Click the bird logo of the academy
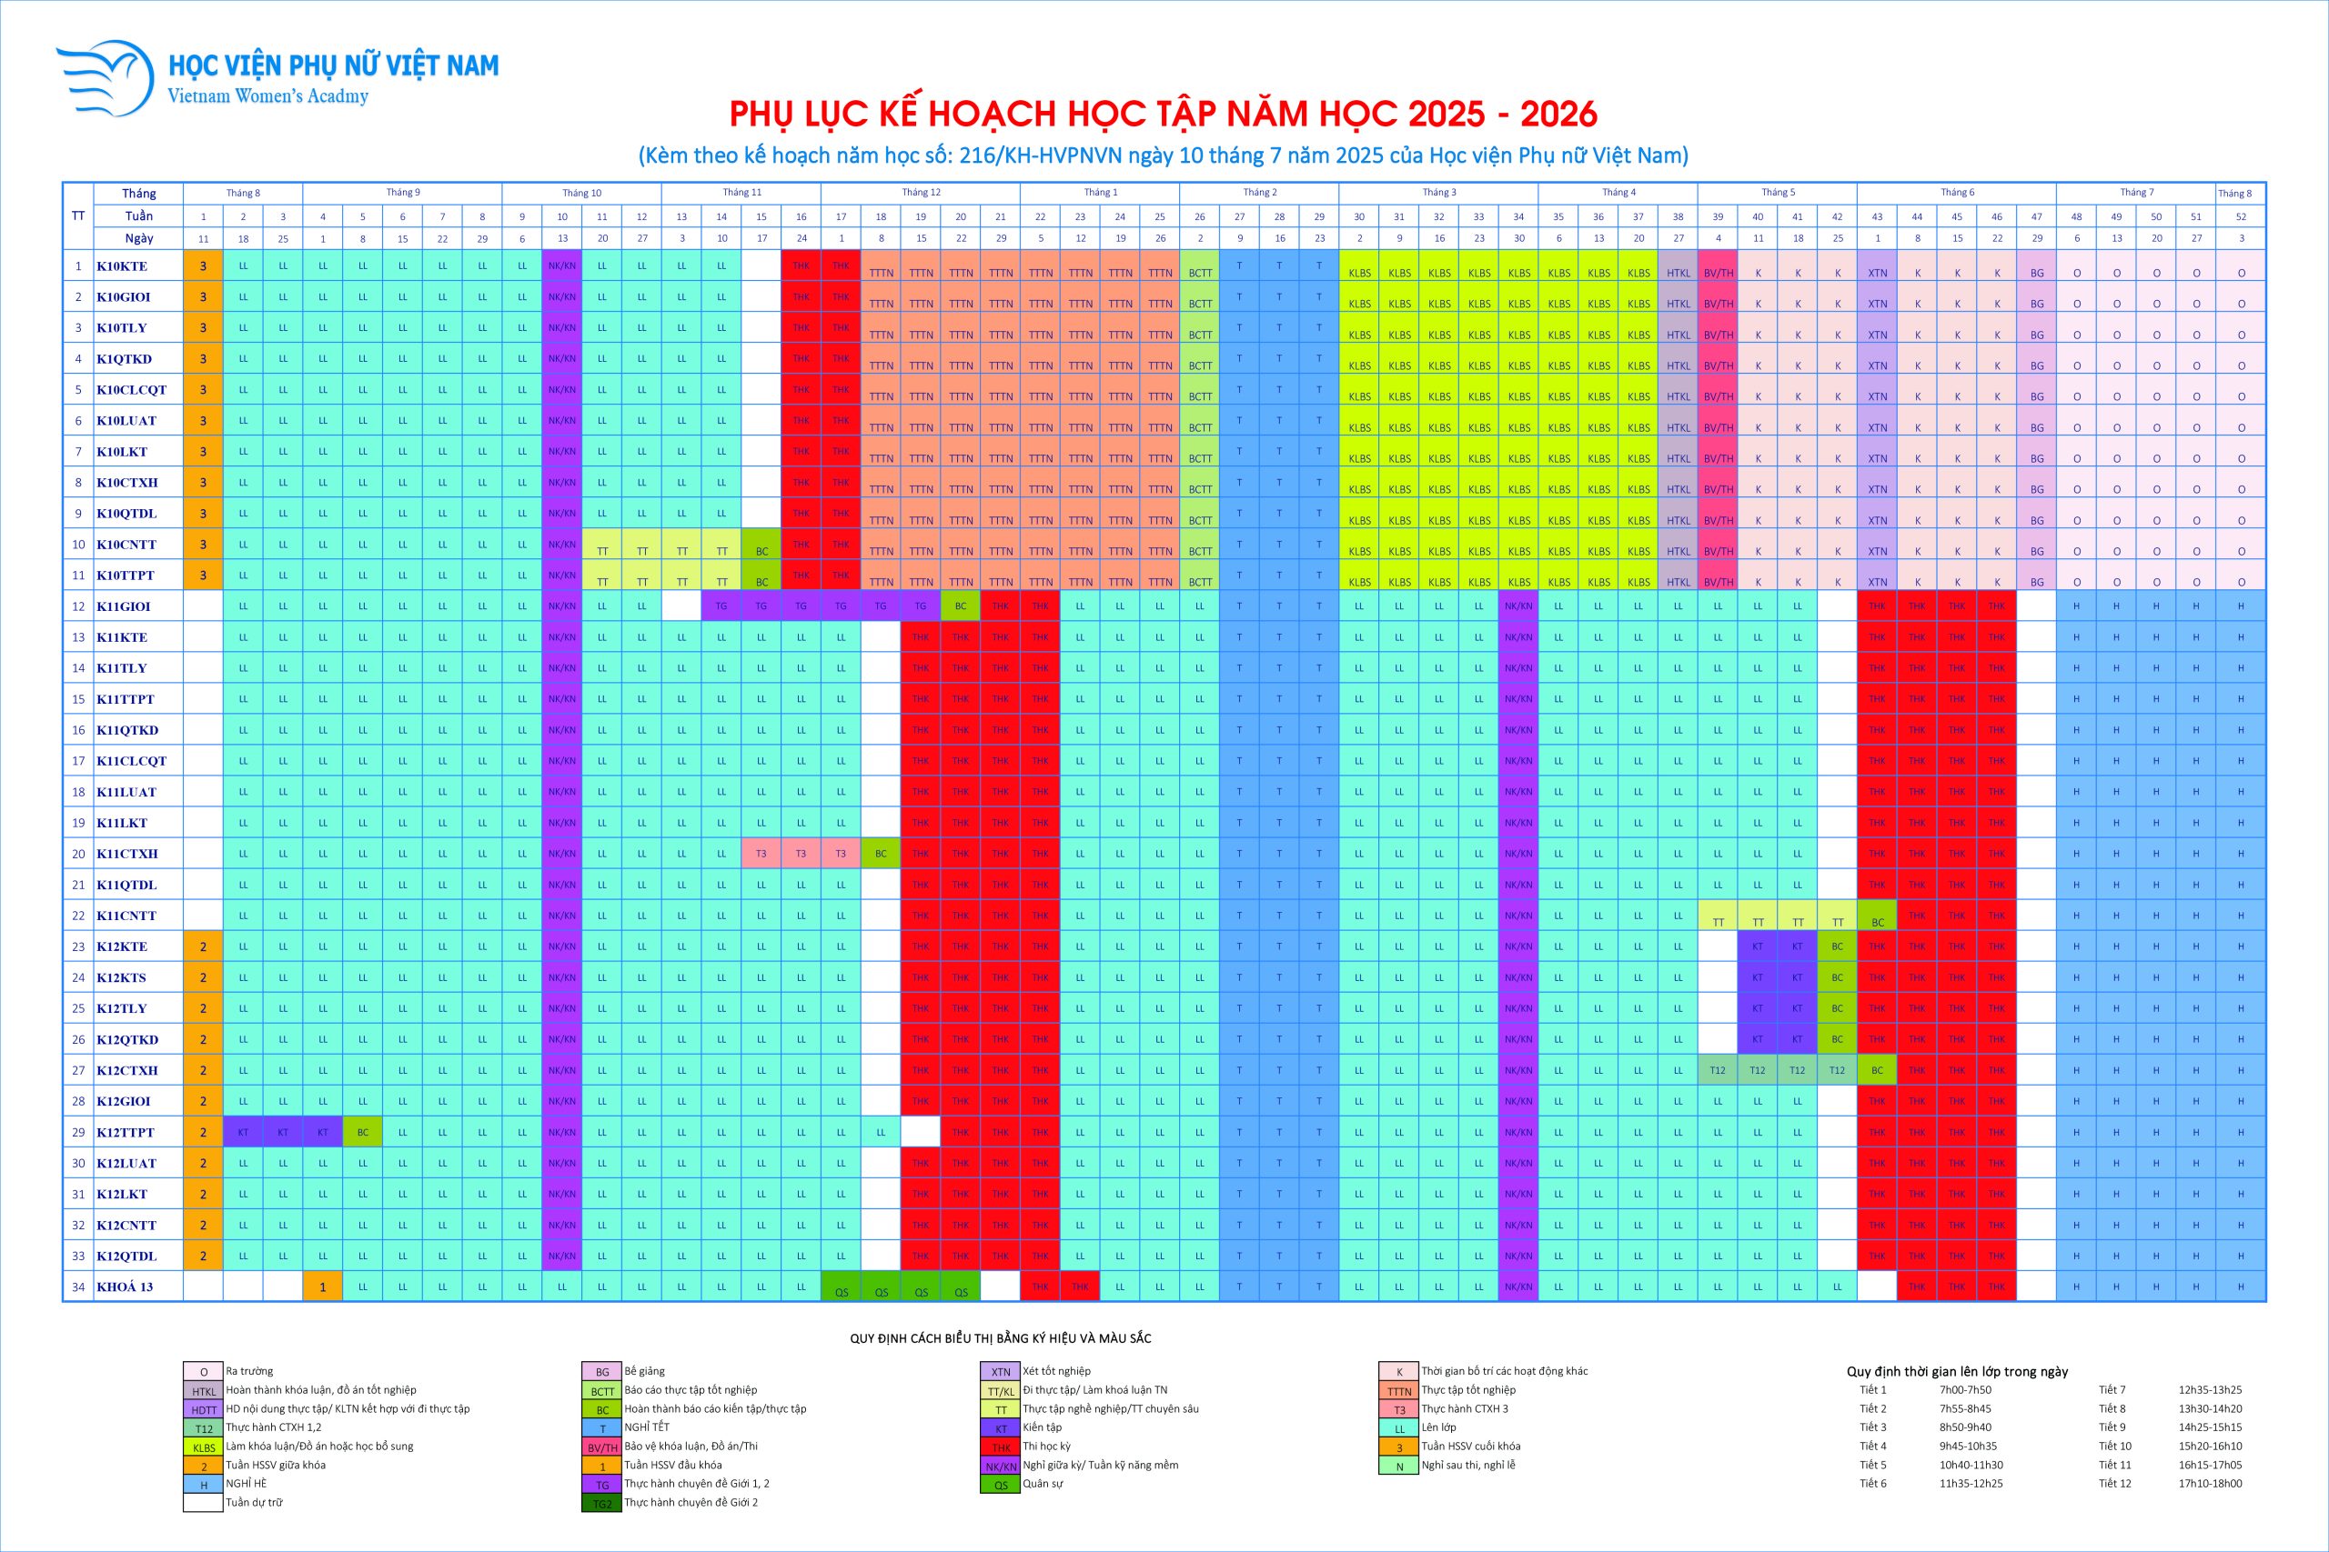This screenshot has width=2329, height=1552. click(105, 77)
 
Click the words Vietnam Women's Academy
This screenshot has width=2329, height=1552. click(267, 97)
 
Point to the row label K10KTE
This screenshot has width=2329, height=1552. click(122, 266)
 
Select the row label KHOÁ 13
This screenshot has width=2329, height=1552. click(125, 1287)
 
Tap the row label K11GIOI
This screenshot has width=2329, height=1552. click(124, 606)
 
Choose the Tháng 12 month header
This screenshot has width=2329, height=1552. click(921, 192)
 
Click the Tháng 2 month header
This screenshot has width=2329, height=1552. click(1259, 192)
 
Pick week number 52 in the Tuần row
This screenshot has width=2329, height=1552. click(2241, 215)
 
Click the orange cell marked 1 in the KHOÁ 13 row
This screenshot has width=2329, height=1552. click(323, 1287)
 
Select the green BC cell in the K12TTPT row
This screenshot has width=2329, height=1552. click(362, 1132)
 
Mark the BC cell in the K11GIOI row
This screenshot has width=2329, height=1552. click(961, 606)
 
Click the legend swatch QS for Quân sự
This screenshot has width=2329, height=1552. click(1000, 1485)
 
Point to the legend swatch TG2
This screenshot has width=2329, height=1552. click(602, 1504)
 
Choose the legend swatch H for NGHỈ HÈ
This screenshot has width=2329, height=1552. click(204, 1485)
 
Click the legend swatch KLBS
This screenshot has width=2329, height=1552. click(204, 1447)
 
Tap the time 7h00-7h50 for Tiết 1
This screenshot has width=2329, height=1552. click(1964, 1389)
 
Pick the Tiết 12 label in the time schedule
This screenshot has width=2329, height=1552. click(2113, 1483)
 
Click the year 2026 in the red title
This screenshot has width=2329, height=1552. click(1558, 115)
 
